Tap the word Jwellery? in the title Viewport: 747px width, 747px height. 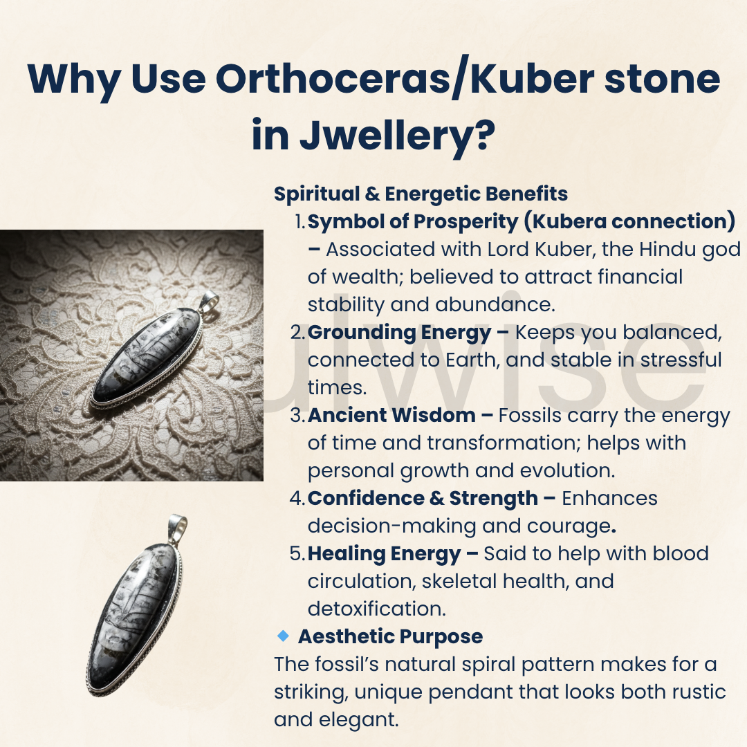397,136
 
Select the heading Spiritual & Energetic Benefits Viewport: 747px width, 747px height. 421,194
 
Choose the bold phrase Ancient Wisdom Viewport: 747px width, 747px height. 391,416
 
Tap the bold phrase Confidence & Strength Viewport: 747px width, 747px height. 423,499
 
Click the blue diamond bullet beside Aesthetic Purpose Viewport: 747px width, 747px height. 282,635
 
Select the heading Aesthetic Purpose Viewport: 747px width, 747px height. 390,636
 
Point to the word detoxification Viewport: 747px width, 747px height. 376,609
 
